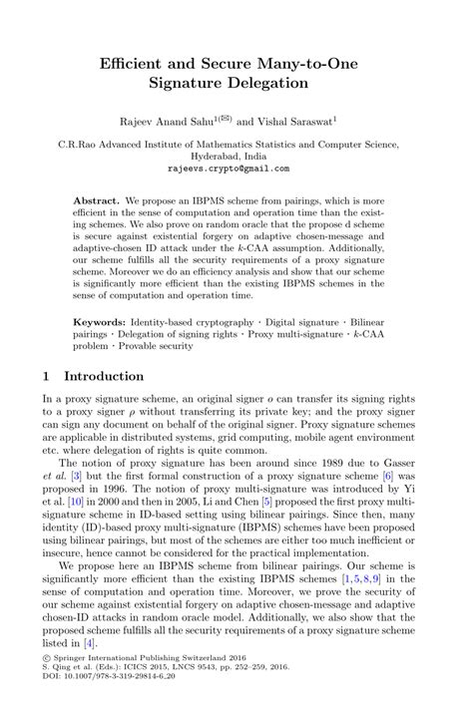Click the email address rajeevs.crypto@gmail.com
point(236,169)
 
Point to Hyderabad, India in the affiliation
point(236,157)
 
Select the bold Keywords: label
point(100,324)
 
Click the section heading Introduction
point(104,377)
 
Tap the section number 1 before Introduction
point(47,377)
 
